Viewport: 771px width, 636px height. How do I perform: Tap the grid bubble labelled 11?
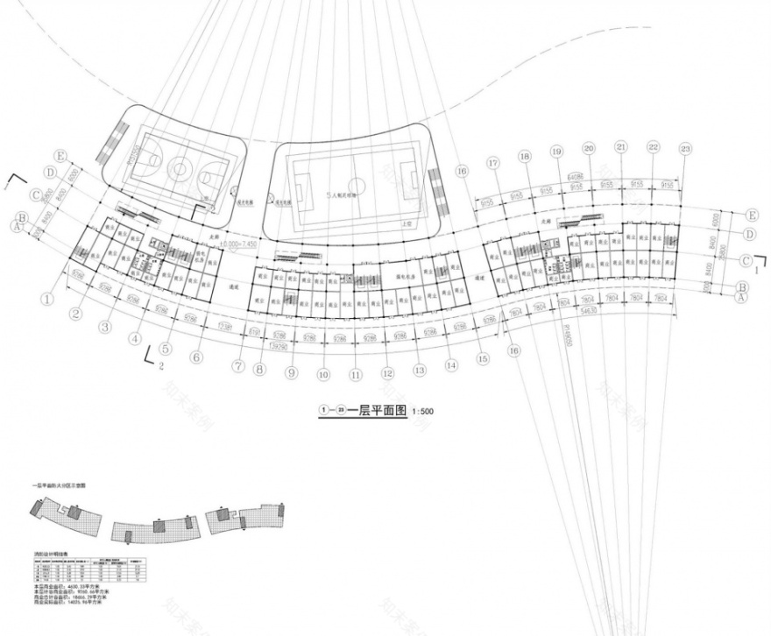(x=356, y=375)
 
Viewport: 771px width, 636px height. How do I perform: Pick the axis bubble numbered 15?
(x=483, y=357)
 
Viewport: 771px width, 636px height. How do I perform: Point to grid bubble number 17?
(x=493, y=163)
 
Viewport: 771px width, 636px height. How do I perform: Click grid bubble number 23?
(x=685, y=147)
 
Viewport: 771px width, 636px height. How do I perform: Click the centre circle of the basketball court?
(x=180, y=165)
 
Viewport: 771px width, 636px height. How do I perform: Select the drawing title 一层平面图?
(x=378, y=410)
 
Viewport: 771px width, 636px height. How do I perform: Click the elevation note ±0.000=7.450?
(x=238, y=247)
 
